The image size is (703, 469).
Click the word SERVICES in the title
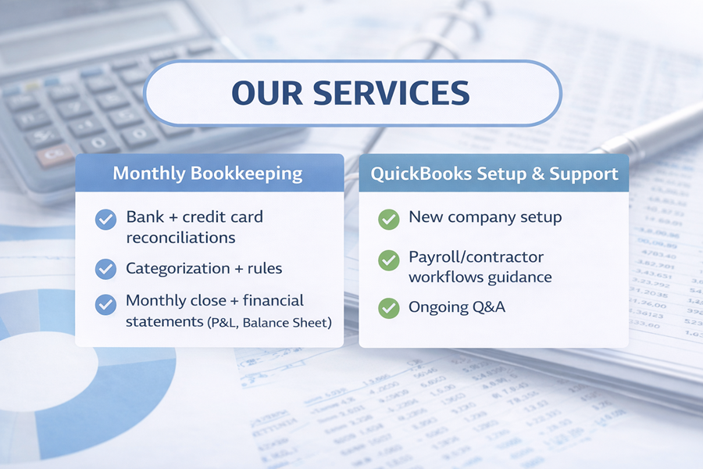coord(391,92)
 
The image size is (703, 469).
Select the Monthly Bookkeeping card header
coord(208,173)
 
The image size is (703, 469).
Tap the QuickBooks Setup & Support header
coord(494,173)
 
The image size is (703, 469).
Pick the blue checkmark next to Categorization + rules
coord(105,269)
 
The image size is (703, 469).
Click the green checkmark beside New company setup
coord(388,219)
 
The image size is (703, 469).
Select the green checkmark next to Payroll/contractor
coord(388,260)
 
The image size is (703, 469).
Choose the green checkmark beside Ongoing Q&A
coord(388,308)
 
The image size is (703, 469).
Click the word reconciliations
coord(180,238)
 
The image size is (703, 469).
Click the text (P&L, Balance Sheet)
coord(269,322)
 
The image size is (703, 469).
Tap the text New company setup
coord(484,217)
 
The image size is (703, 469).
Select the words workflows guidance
coord(480,277)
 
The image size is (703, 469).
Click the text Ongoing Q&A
coord(457,307)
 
